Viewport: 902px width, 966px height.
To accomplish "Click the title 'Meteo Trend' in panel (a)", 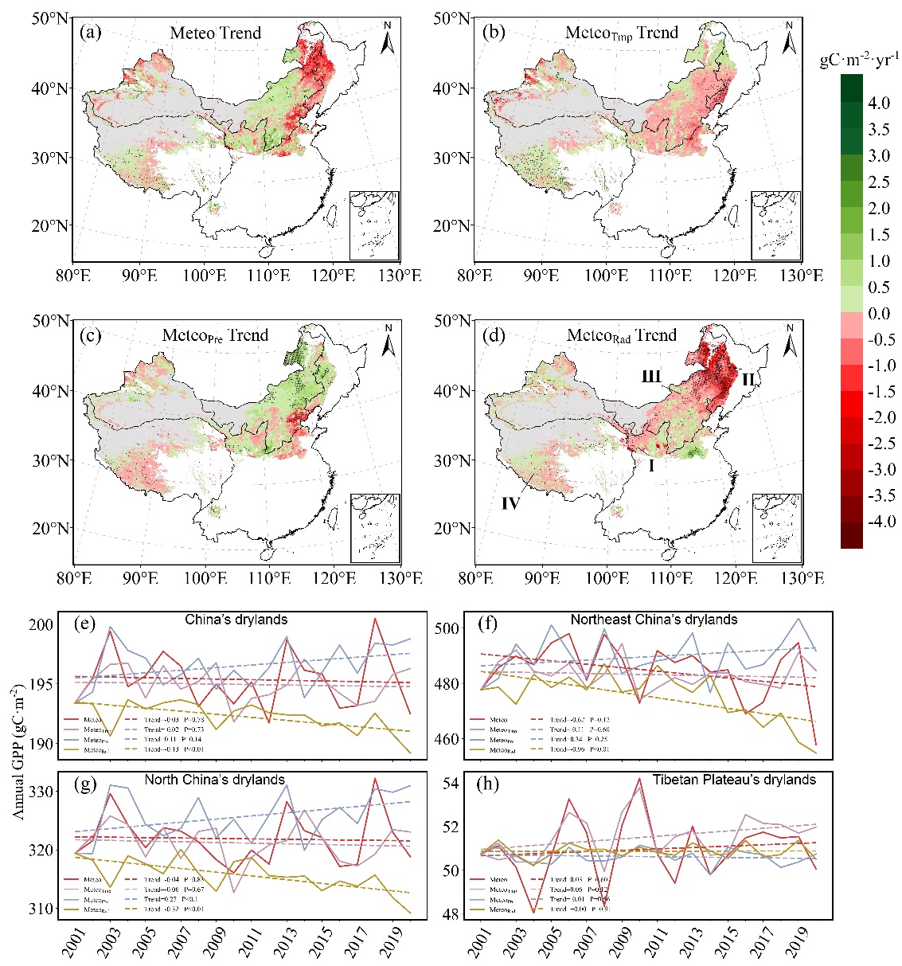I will coord(215,33).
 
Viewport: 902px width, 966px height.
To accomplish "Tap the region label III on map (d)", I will coord(651,376).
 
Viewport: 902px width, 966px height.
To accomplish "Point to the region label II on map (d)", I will coord(748,379).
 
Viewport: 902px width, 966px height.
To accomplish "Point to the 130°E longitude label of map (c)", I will coord(400,578).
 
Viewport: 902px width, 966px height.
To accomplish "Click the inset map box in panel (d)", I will coord(776,528).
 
